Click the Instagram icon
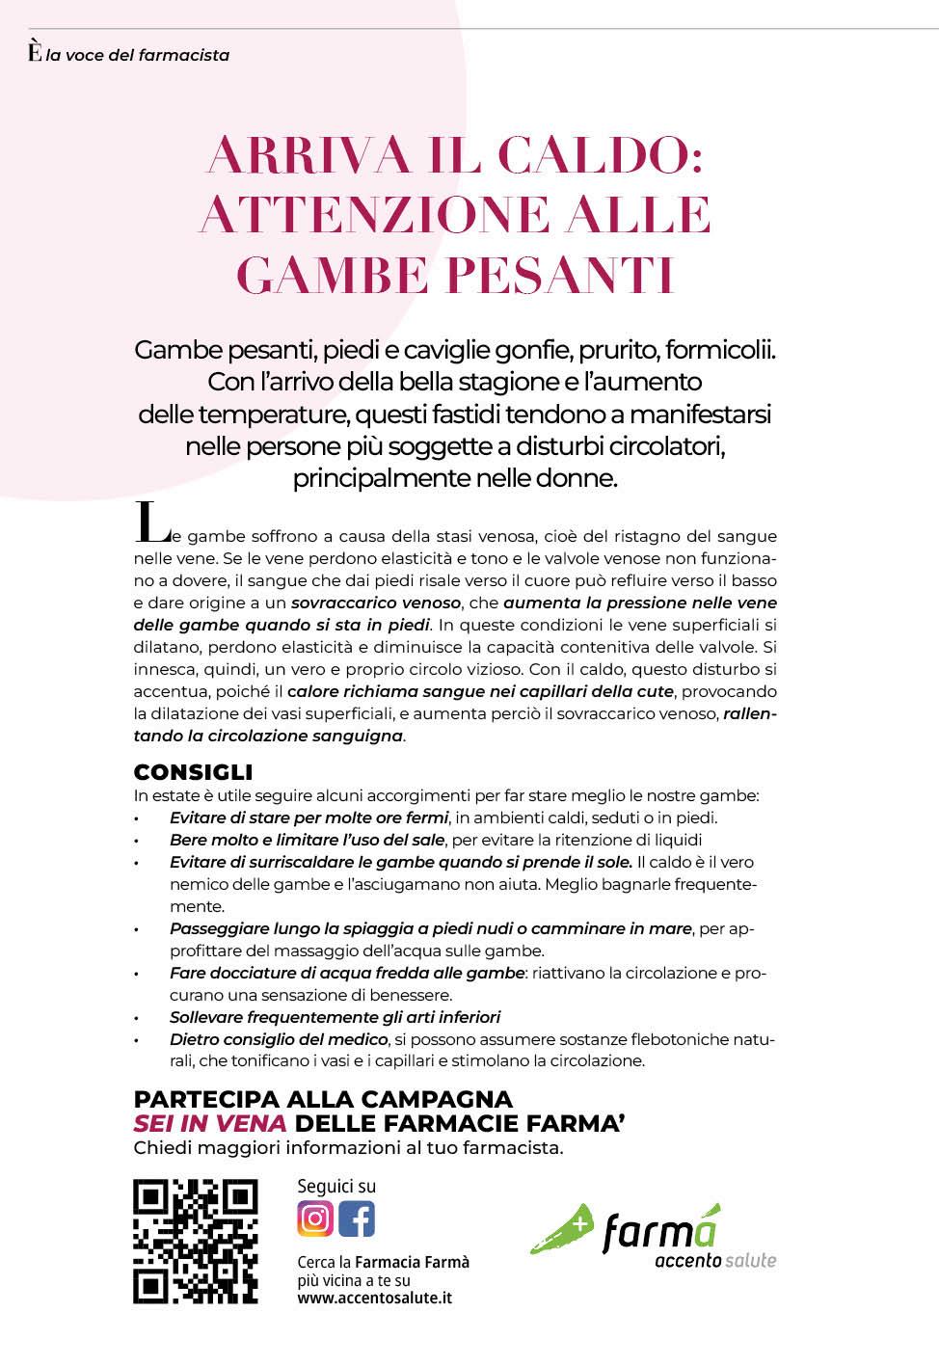[315, 1219]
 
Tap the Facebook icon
[356, 1219]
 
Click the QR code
[195, 1241]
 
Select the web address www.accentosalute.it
[374, 1298]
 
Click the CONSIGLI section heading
[193, 772]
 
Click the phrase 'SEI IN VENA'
[209, 1123]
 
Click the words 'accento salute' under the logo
[714, 1260]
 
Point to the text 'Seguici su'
[336, 1186]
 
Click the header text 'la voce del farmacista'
[138, 55]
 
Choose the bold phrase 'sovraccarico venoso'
[376, 603]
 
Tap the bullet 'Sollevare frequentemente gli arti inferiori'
[335, 1017]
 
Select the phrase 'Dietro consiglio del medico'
[279, 1039]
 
